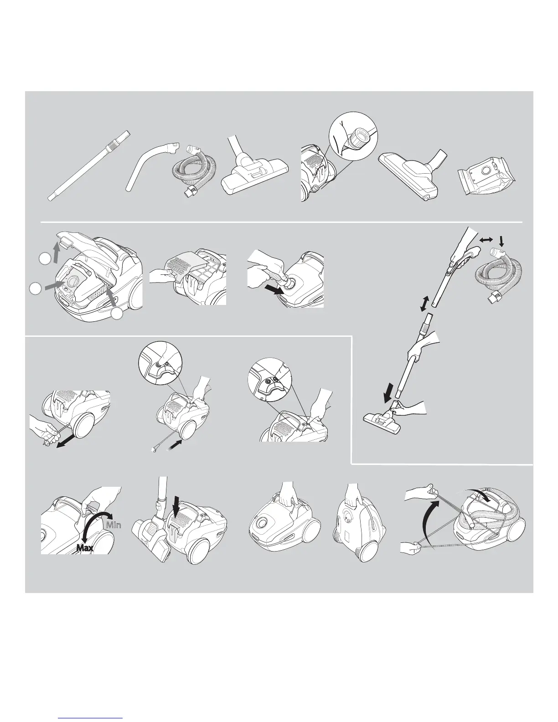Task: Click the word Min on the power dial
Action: tap(113, 525)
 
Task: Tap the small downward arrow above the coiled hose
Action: tap(501, 239)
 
